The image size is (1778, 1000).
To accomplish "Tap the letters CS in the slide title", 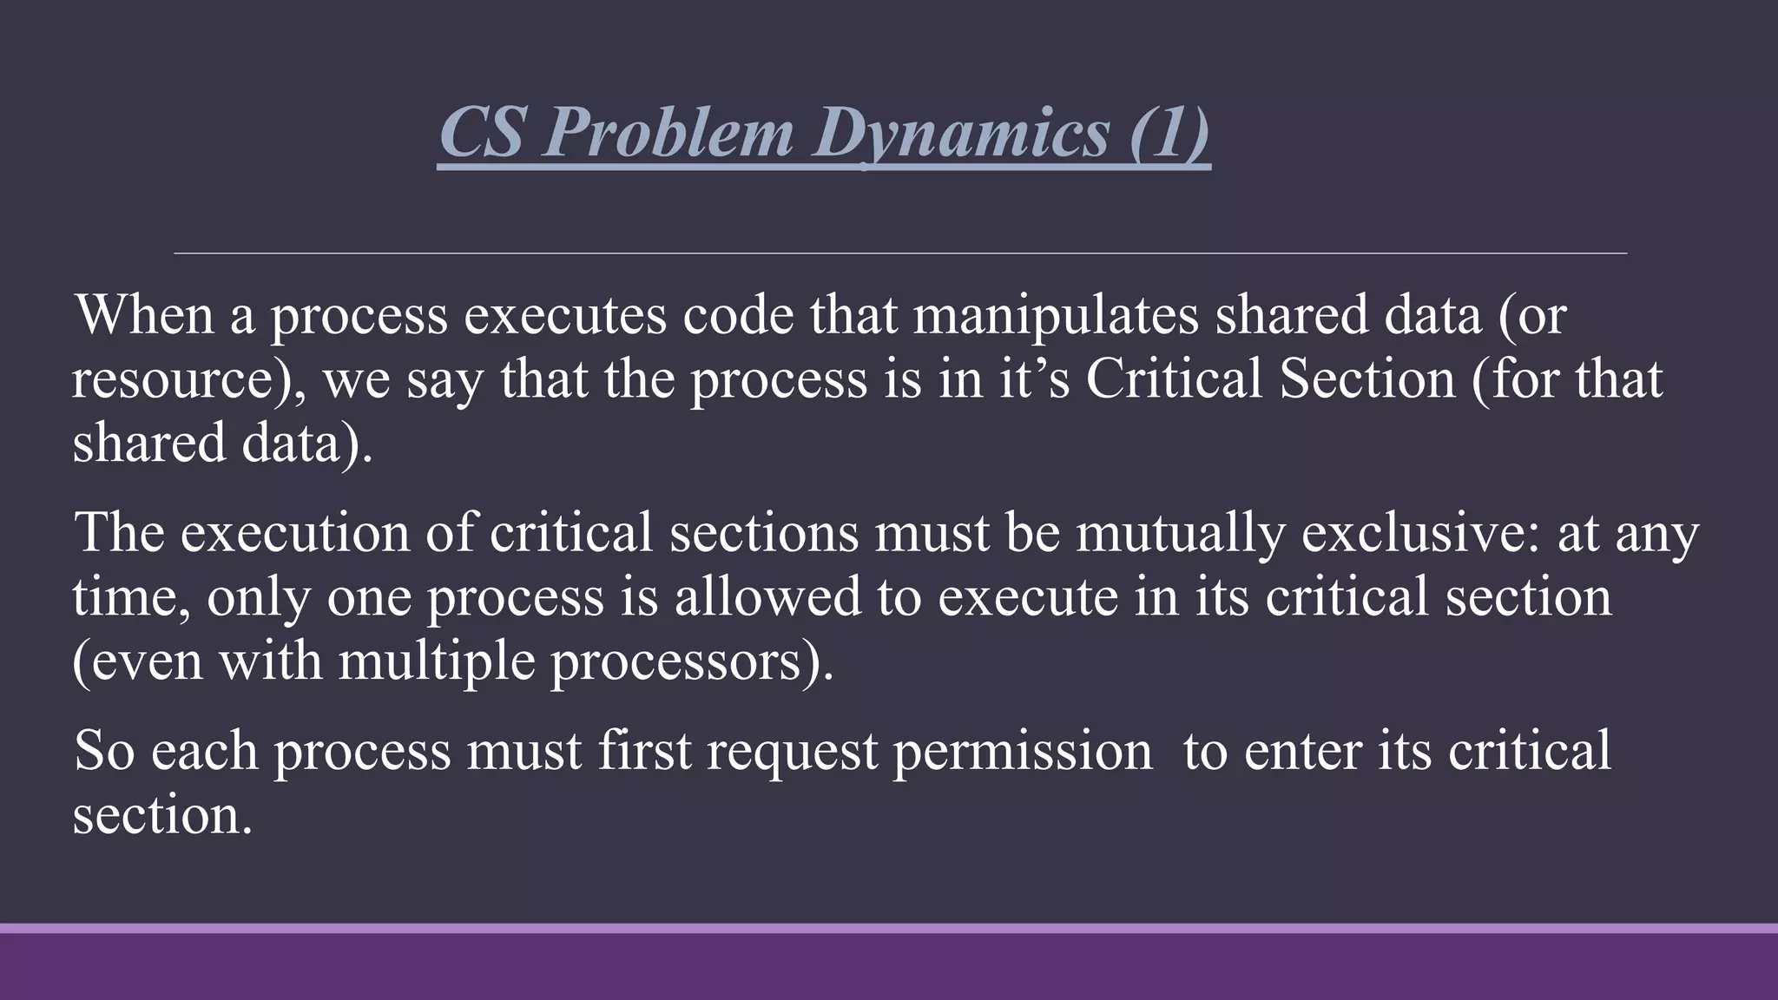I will click(x=482, y=133).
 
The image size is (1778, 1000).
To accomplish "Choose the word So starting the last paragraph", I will click(x=104, y=750).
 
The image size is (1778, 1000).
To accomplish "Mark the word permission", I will click(x=1023, y=752).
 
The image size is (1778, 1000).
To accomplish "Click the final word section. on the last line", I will click(x=162, y=816).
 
